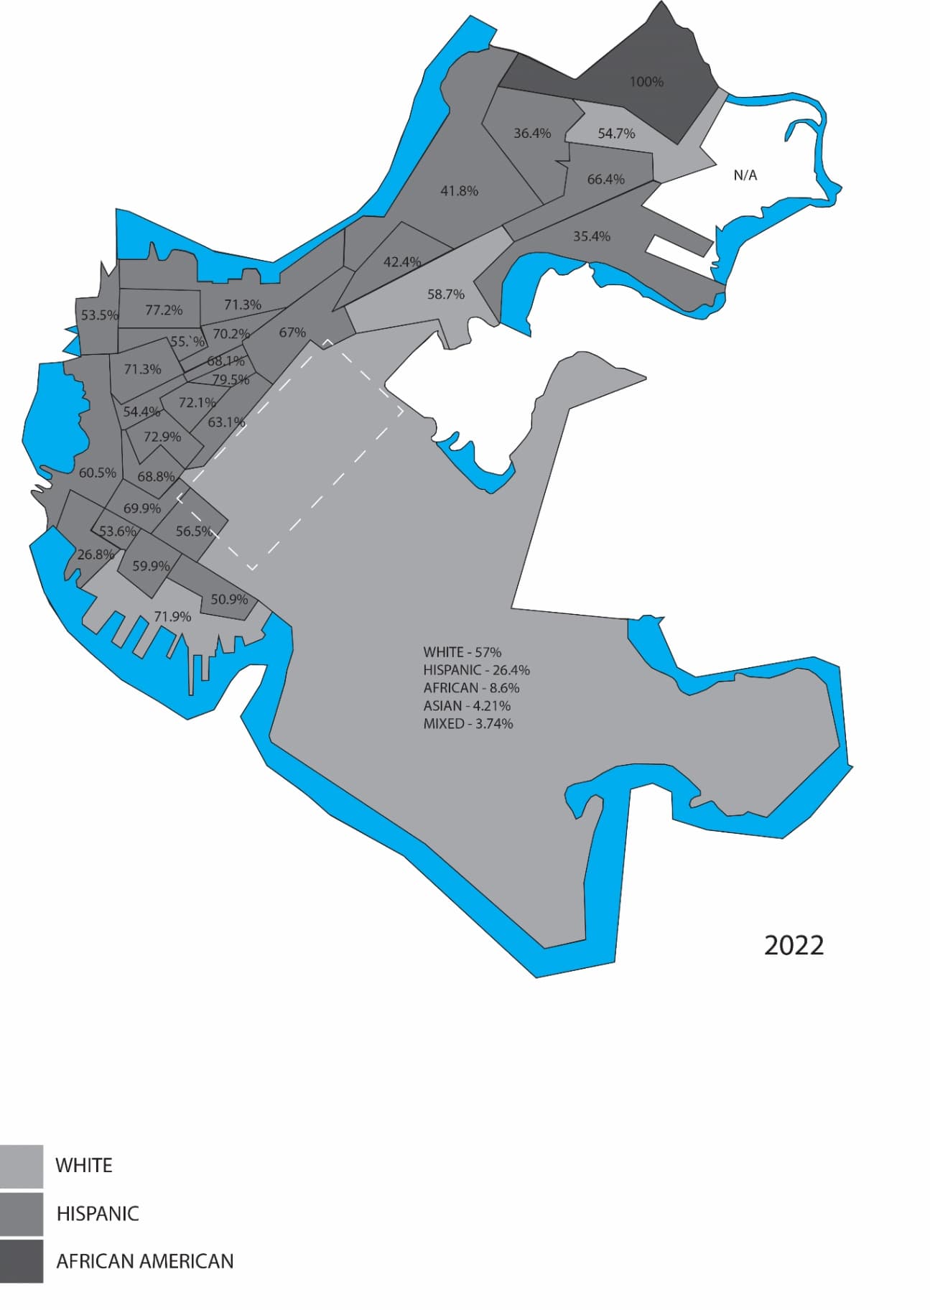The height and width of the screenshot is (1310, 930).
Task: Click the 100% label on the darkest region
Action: pos(646,82)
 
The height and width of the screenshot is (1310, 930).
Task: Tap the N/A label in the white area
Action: pos(745,175)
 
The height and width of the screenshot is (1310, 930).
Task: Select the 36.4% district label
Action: pos(532,134)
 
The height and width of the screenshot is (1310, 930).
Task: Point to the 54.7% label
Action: pos(616,134)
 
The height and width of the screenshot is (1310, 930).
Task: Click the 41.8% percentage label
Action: pos(459,191)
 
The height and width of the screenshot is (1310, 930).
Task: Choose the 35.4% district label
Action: pos(591,236)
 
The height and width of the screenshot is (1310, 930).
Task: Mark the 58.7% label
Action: pos(445,294)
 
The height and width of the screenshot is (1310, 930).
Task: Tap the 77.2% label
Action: pos(164,310)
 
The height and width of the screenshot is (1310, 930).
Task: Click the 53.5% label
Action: pos(99,315)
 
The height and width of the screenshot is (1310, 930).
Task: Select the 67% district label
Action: pos(292,333)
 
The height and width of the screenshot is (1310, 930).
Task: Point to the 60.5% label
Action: pos(97,473)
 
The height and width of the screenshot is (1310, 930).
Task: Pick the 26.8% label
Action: pos(96,554)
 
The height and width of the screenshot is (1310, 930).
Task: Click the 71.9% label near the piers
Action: pos(172,617)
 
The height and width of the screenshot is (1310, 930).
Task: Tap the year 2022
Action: pos(794,945)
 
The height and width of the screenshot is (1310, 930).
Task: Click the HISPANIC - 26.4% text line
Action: pos(476,670)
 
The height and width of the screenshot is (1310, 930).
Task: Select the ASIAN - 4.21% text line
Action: pos(467,706)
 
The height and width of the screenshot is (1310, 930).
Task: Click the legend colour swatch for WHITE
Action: pos(22,1165)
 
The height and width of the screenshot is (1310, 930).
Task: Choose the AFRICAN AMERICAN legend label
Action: pos(144,1261)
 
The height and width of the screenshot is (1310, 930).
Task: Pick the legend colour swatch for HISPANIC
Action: pos(22,1214)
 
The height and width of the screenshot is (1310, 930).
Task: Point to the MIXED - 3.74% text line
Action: pos(468,724)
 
